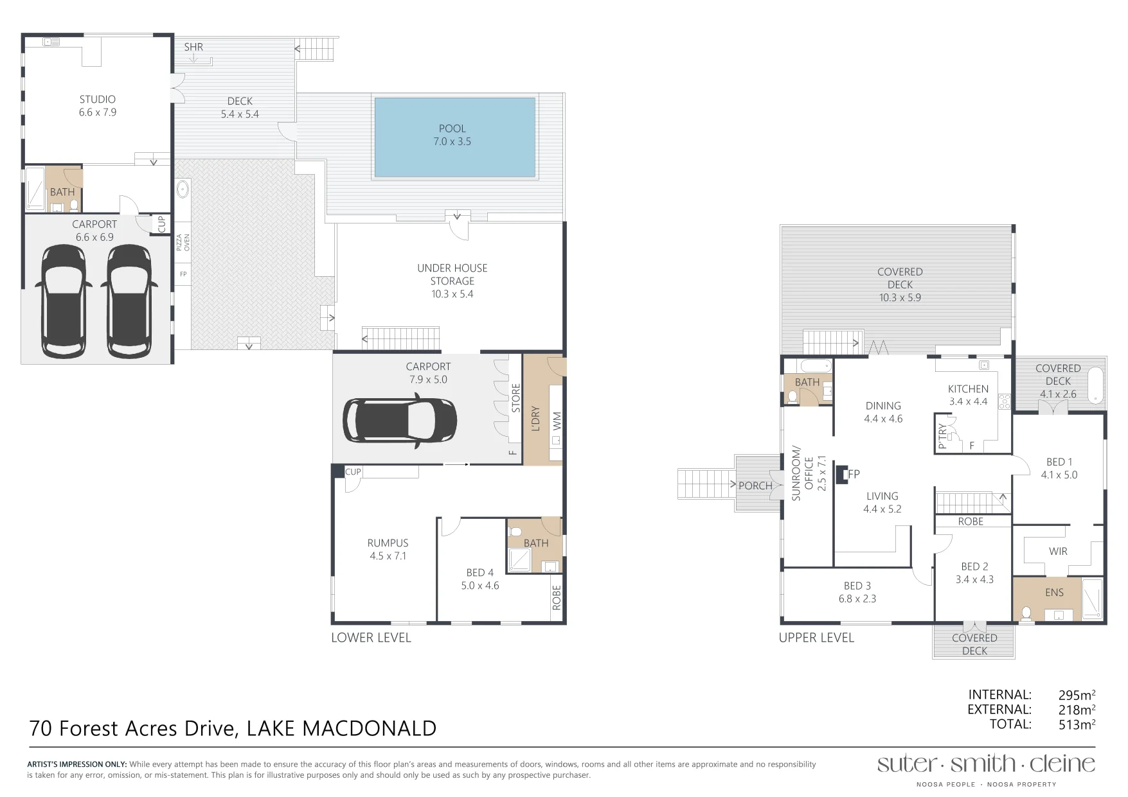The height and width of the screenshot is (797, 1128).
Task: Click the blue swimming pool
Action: [454, 137]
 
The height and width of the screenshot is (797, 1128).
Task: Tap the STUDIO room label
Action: [98, 100]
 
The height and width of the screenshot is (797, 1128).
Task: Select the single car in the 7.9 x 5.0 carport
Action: [400, 421]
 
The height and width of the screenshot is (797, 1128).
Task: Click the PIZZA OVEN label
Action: [183, 242]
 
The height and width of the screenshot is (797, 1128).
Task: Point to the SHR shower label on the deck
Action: [193, 47]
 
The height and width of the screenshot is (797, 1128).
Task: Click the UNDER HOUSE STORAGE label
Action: [452, 274]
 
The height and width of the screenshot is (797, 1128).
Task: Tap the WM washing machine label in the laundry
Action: [557, 421]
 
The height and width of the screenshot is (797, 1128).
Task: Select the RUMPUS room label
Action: [388, 543]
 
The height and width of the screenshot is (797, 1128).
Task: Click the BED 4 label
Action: [480, 573]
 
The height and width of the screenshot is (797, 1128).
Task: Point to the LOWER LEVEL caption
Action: [371, 638]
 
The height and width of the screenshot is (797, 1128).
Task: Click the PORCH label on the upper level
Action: [755, 486]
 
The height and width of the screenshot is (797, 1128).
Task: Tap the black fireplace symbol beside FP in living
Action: [840, 474]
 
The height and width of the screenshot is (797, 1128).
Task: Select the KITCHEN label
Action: [968, 389]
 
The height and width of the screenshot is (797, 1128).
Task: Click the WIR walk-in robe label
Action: [1058, 552]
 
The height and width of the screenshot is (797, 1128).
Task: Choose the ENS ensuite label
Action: [1054, 593]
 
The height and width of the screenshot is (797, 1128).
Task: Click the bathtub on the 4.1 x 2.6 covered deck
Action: [1097, 385]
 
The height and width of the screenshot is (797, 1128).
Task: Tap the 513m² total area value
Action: [1077, 724]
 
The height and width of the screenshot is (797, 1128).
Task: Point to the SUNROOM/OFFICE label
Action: [803, 473]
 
